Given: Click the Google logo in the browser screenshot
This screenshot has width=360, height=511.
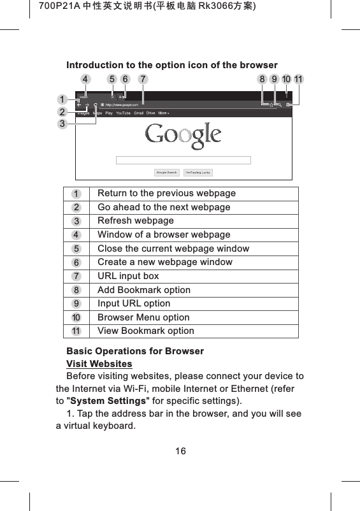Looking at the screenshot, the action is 183,135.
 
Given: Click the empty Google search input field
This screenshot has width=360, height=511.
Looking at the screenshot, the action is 184,160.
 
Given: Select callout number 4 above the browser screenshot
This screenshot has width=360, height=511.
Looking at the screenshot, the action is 85,80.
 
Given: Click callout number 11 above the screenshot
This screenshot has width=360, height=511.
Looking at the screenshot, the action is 299,80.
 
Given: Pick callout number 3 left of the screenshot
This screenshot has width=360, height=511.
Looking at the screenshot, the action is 62,124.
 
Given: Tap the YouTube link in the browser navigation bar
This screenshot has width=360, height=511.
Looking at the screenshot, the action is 122,113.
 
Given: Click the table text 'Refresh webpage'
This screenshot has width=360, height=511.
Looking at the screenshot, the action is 135,220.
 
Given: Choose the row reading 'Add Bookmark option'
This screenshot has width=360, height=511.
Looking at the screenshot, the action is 143,290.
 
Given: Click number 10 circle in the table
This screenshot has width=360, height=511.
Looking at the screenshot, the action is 76,317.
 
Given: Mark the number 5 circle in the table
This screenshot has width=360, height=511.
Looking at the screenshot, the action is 76,248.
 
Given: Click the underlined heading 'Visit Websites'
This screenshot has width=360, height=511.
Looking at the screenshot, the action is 99,364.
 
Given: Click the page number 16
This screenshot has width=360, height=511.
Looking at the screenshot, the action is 180,451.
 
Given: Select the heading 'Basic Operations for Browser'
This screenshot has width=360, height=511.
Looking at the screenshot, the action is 135,351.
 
